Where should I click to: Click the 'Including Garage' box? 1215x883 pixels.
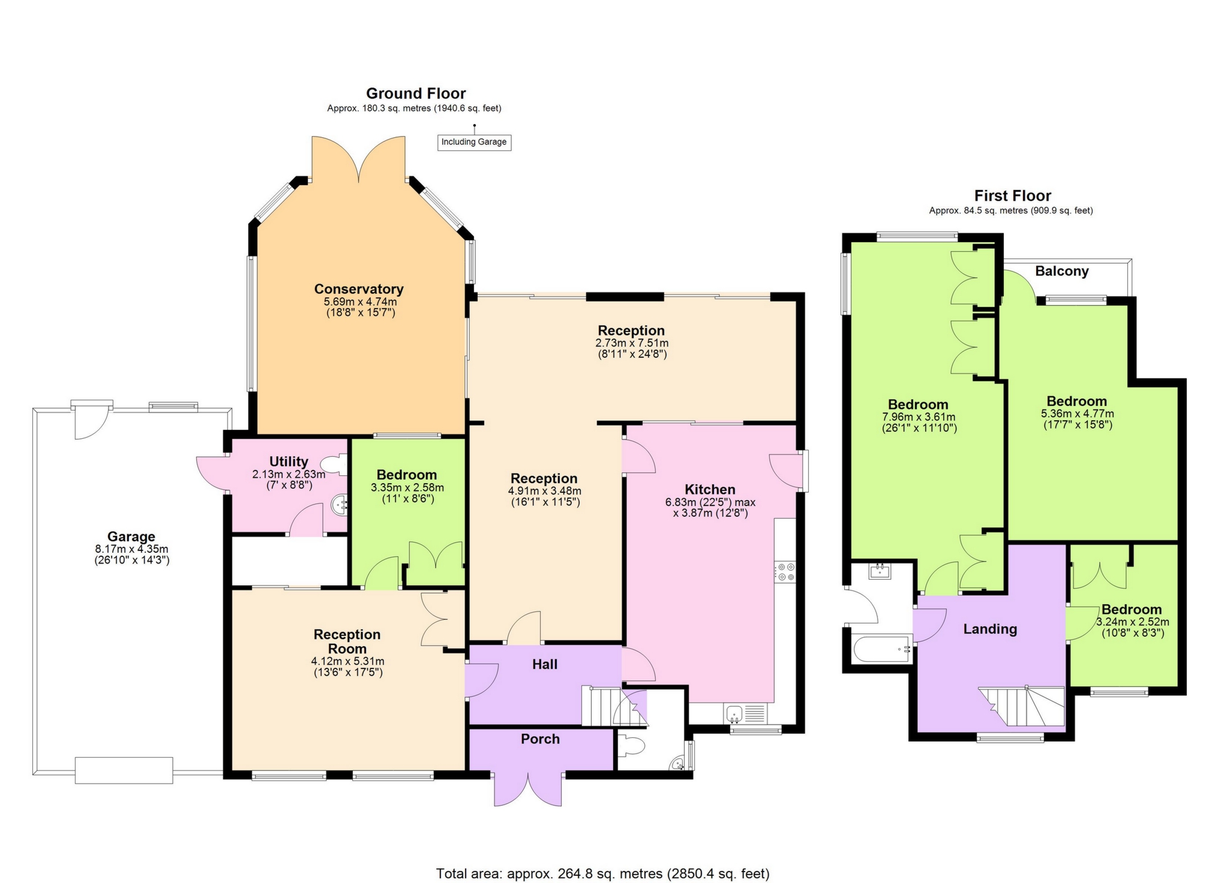(x=474, y=142)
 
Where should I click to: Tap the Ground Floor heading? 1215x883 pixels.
(x=416, y=94)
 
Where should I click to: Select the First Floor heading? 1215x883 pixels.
(x=1013, y=196)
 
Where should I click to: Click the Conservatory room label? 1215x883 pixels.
(x=359, y=290)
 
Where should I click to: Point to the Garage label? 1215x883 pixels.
(x=131, y=537)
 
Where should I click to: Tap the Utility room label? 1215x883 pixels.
(x=289, y=462)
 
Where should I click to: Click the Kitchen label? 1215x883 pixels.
(x=710, y=489)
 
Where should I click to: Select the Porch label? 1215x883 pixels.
(x=540, y=739)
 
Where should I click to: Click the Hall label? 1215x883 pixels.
(x=545, y=664)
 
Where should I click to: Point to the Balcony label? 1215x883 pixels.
(x=1062, y=271)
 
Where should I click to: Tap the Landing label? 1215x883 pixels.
(x=990, y=629)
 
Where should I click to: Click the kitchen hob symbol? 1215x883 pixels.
(x=785, y=571)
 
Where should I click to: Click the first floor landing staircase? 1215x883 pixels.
(x=1022, y=706)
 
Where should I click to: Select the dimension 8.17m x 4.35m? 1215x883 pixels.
(x=131, y=549)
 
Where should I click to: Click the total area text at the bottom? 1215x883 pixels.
(x=602, y=873)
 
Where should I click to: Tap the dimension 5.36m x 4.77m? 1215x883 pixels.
(x=1077, y=414)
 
